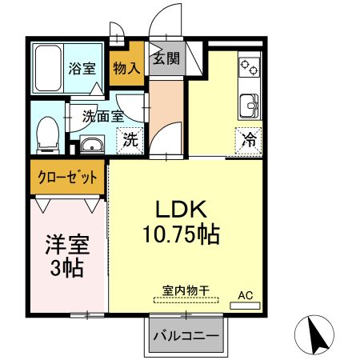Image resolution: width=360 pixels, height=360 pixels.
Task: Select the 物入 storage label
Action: [x=127, y=68]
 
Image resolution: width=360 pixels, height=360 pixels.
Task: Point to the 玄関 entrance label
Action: [x=166, y=58]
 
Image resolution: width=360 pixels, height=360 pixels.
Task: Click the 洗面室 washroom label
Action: [x=103, y=115]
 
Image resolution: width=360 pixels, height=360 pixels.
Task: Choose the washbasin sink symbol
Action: [x=92, y=145]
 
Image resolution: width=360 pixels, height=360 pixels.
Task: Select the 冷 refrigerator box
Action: [x=250, y=139]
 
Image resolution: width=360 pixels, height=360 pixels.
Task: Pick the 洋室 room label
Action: [x=66, y=242]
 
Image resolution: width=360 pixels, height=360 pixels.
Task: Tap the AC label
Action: [x=246, y=295]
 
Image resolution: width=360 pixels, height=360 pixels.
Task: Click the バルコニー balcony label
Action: [x=186, y=335]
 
